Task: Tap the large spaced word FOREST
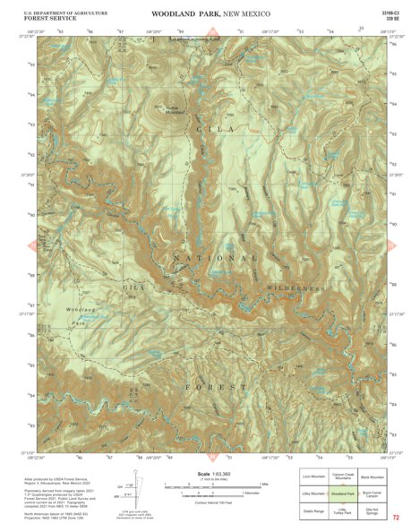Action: (216, 386)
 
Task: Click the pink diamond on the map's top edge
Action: (211, 34)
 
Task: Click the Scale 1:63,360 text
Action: (207, 473)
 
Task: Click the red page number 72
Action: (395, 518)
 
